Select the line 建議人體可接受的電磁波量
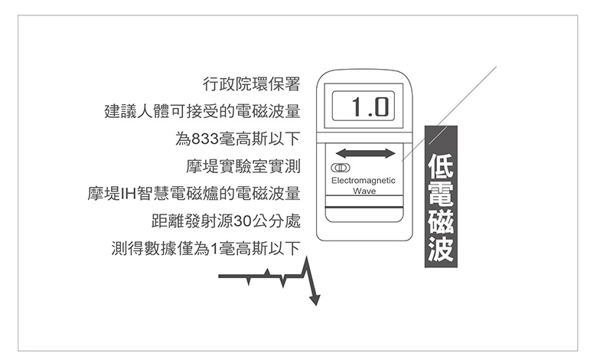201,112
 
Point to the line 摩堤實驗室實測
243,166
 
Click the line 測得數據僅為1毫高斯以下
205,249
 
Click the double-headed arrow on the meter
365,153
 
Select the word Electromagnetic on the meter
364,181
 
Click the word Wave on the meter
364,191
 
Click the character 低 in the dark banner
440,163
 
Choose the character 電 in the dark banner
440,192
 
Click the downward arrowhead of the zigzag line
315,299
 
